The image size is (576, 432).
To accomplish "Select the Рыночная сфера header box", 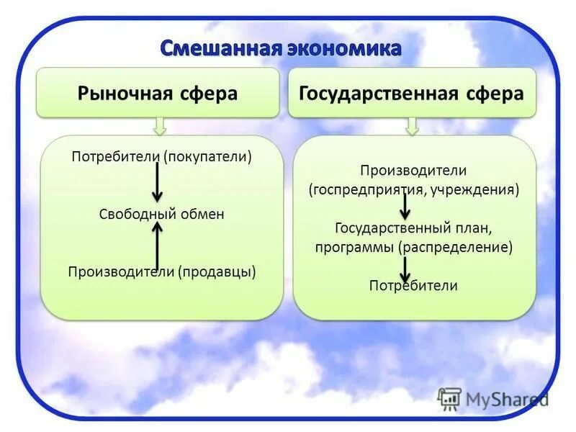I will point(158,93).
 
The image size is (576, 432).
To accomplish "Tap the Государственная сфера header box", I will point(412,93).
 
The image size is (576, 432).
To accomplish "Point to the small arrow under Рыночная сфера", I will point(160,127).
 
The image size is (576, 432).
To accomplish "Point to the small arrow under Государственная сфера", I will point(412,127).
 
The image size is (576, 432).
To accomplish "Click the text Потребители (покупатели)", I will point(162,156).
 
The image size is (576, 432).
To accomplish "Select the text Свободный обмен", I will point(161,214).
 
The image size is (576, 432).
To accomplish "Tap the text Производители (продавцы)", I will point(162,271).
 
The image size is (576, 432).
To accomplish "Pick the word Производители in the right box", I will point(413,171).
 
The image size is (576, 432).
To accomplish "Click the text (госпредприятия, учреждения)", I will point(414,191).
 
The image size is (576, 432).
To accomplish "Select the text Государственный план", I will point(413,228).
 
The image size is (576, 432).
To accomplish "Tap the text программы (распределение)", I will point(413,247).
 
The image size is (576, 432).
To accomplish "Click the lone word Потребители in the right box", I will point(413,285).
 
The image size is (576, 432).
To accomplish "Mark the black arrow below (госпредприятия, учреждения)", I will point(405,207).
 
